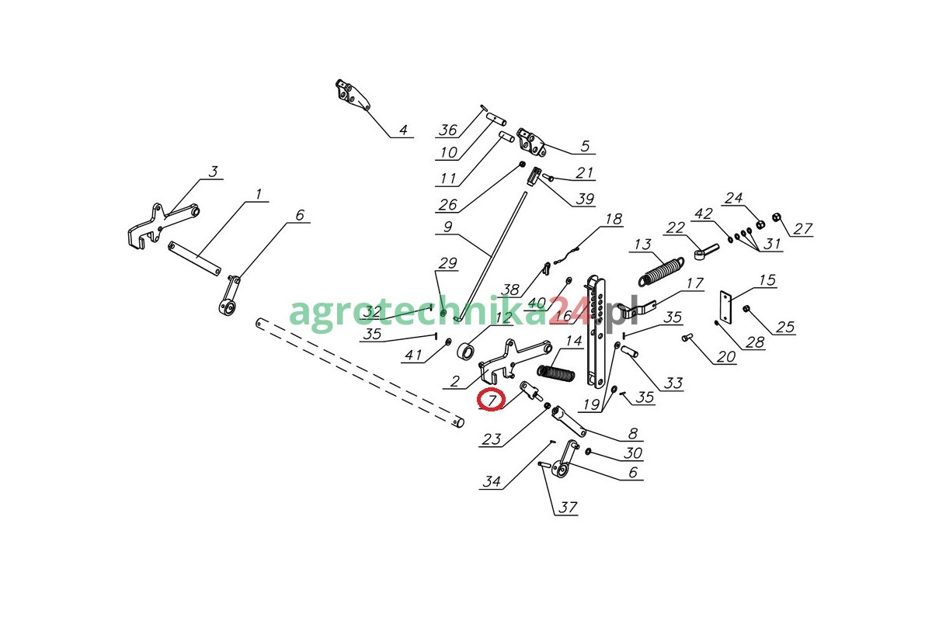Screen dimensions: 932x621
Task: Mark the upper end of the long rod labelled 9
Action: click(x=526, y=193)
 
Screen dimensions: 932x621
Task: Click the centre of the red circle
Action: click(x=491, y=400)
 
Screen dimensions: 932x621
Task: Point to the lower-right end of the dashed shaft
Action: click(x=459, y=423)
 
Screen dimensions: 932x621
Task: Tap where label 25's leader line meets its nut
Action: click(x=748, y=310)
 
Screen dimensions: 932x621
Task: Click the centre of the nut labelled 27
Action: click(x=776, y=217)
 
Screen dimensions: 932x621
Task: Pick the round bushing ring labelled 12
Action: click(x=466, y=352)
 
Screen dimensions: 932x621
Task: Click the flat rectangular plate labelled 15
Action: click(x=726, y=307)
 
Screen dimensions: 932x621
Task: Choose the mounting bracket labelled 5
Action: click(x=531, y=142)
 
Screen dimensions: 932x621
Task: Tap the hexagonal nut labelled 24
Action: click(x=760, y=224)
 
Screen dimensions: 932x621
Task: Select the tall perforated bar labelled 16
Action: click(x=596, y=331)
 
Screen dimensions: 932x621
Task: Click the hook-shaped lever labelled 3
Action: click(x=163, y=226)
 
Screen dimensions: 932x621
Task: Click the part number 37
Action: click(x=568, y=507)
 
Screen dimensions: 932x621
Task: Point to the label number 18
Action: click(x=614, y=219)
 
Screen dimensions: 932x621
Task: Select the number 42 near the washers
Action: click(x=703, y=213)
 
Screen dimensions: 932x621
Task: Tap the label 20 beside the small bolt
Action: click(x=726, y=356)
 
